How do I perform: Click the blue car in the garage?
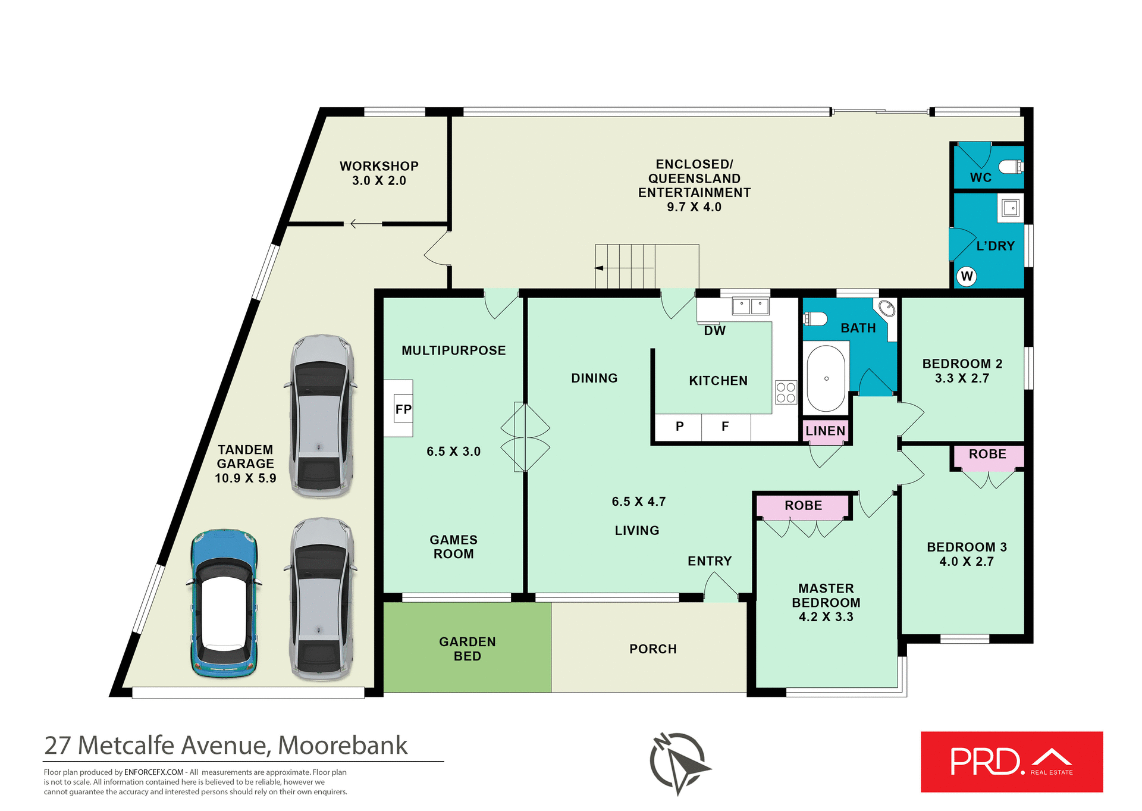[x=224, y=602]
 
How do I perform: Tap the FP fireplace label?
[x=403, y=409]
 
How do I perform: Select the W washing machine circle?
[x=967, y=276]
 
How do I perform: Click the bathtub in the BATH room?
[x=826, y=378]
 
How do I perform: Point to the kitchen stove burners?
[x=786, y=393]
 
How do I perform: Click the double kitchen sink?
[x=751, y=306]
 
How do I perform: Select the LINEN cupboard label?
[x=825, y=431]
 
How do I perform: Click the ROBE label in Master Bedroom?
[x=803, y=506]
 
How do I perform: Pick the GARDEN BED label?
[x=467, y=649]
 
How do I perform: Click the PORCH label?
[x=652, y=649]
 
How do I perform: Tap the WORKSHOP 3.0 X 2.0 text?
[x=379, y=173]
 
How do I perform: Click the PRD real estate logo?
[x=1011, y=762]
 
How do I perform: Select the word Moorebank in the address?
[x=343, y=746]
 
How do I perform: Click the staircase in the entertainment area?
[x=647, y=267]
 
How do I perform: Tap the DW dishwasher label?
[x=714, y=331]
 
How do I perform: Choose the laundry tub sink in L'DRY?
[x=1011, y=208]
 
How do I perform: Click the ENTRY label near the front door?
[x=709, y=561]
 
